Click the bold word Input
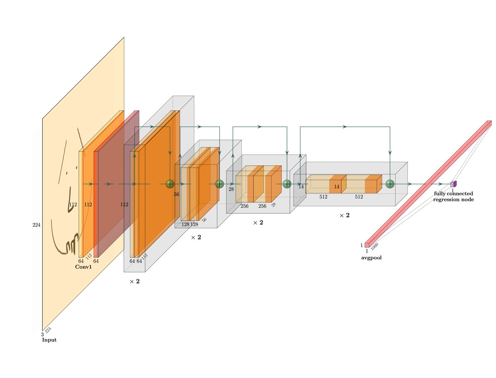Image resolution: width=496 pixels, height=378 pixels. pyautogui.click(x=49, y=340)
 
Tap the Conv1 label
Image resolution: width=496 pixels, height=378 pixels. pyautogui.click(x=83, y=267)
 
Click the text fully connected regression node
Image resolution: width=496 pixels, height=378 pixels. pyautogui.click(x=453, y=196)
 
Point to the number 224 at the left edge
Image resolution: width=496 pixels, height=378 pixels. pyautogui.click(x=36, y=225)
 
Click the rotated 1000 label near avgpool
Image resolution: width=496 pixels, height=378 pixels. pyautogui.click(x=374, y=247)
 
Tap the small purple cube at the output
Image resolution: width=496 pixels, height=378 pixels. pyautogui.click(x=453, y=184)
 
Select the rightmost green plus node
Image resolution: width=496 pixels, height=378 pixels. pyautogui.click(x=390, y=184)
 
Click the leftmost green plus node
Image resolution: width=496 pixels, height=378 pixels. pyautogui.click(x=170, y=184)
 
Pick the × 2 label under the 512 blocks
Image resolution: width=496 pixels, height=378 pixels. pyautogui.click(x=344, y=215)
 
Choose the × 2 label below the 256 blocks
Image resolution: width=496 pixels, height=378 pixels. pyautogui.click(x=258, y=222)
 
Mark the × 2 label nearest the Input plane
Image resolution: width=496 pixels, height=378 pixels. pyautogui.click(x=134, y=281)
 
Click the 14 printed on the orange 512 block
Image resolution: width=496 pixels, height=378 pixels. pyautogui.click(x=337, y=187)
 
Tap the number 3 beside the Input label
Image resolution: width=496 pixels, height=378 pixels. pyautogui.click(x=42, y=334)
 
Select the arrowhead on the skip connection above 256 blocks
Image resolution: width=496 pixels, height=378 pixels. pyautogui.click(x=260, y=126)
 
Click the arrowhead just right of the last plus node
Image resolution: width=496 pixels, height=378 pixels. pyautogui.click(x=410, y=184)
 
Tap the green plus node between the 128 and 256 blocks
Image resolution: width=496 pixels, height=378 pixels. pyautogui.click(x=219, y=184)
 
